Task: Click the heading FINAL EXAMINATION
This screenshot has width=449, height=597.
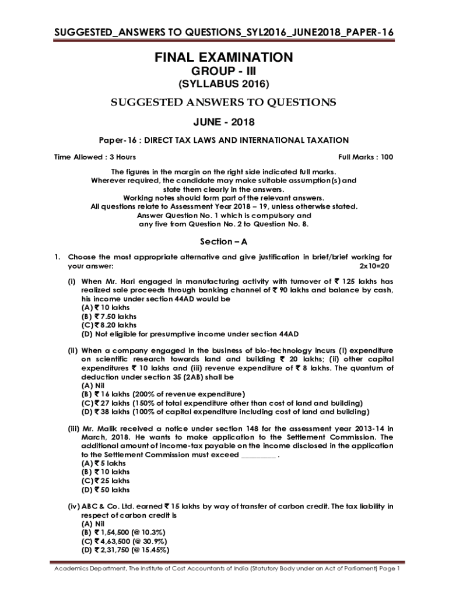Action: pyautogui.click(x=224, y=57)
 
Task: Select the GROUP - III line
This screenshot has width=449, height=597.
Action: pyautogui.click(x=224, y=71)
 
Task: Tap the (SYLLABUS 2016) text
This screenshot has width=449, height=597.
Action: pyautogui.click(x=224, y=85)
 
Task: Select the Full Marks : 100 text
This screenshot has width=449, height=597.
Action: pyautogui.click(x=366, y=157)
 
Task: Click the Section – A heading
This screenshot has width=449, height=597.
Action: pyautogui.click(x=224, y=241)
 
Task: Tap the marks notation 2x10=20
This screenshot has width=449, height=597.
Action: pyautogui.click(x=376, y=266)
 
